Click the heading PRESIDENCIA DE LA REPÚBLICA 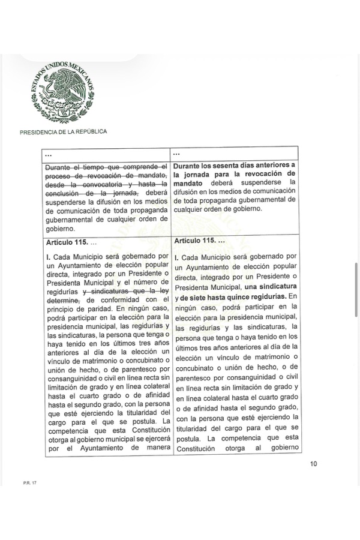(64, 132)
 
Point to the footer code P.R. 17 (22, 482)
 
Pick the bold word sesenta (242, 165)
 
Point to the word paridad (93, 309)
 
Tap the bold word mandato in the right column (190, 181)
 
